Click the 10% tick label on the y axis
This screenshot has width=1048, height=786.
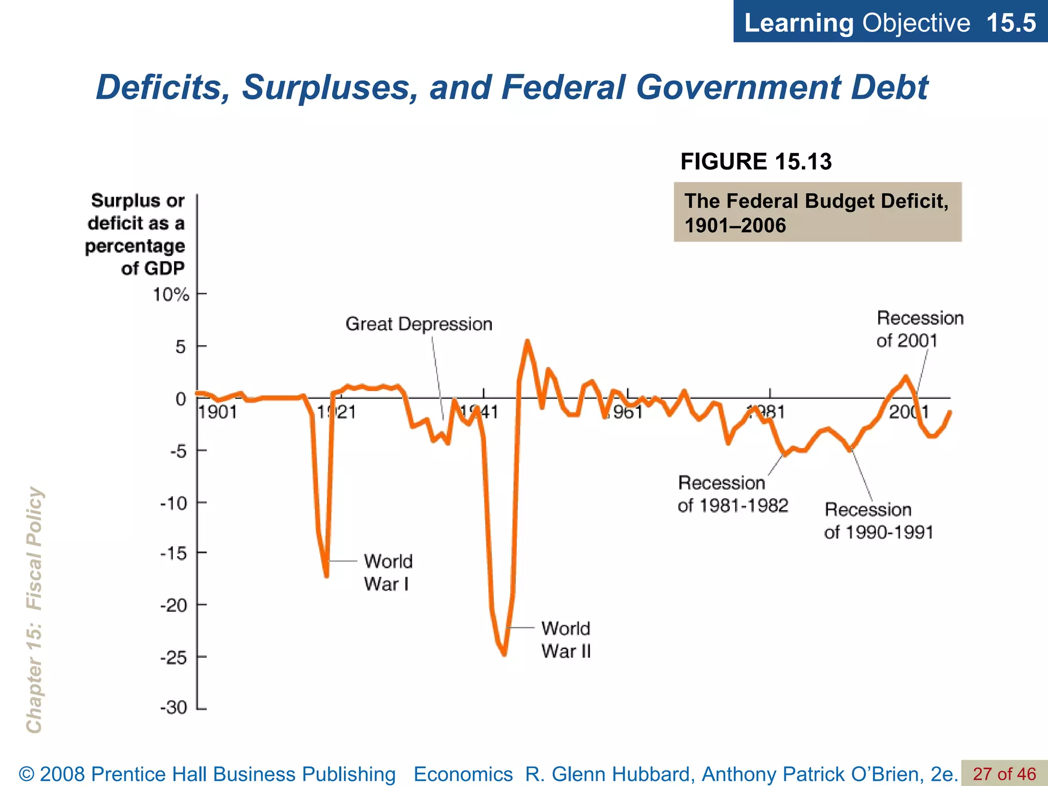pos(171,295)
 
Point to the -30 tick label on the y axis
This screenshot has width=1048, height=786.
pos(174,708)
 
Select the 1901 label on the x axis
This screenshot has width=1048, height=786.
pos(218,412)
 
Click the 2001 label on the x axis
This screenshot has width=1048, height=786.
pos(909,412)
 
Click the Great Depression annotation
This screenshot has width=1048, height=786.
pos(419,324)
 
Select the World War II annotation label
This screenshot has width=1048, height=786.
pos(566,640)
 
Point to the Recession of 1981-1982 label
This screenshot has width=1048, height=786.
pos(732,494)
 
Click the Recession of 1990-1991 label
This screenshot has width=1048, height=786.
pos(879,521)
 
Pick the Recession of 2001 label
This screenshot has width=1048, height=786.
pos(919,329)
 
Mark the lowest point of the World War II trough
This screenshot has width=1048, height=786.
pos(505,654)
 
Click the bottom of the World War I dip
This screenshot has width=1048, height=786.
pos(326,576)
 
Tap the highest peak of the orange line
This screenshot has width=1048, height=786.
pos(527,341)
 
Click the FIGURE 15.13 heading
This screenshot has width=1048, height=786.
pos(756,162)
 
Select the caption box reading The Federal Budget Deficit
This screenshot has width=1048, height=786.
pos(817,212)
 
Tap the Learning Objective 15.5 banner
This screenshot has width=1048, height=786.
pos(890,23)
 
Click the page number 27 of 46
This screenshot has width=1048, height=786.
pos(1004,774)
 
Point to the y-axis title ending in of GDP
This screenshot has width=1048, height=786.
pos(136,234)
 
